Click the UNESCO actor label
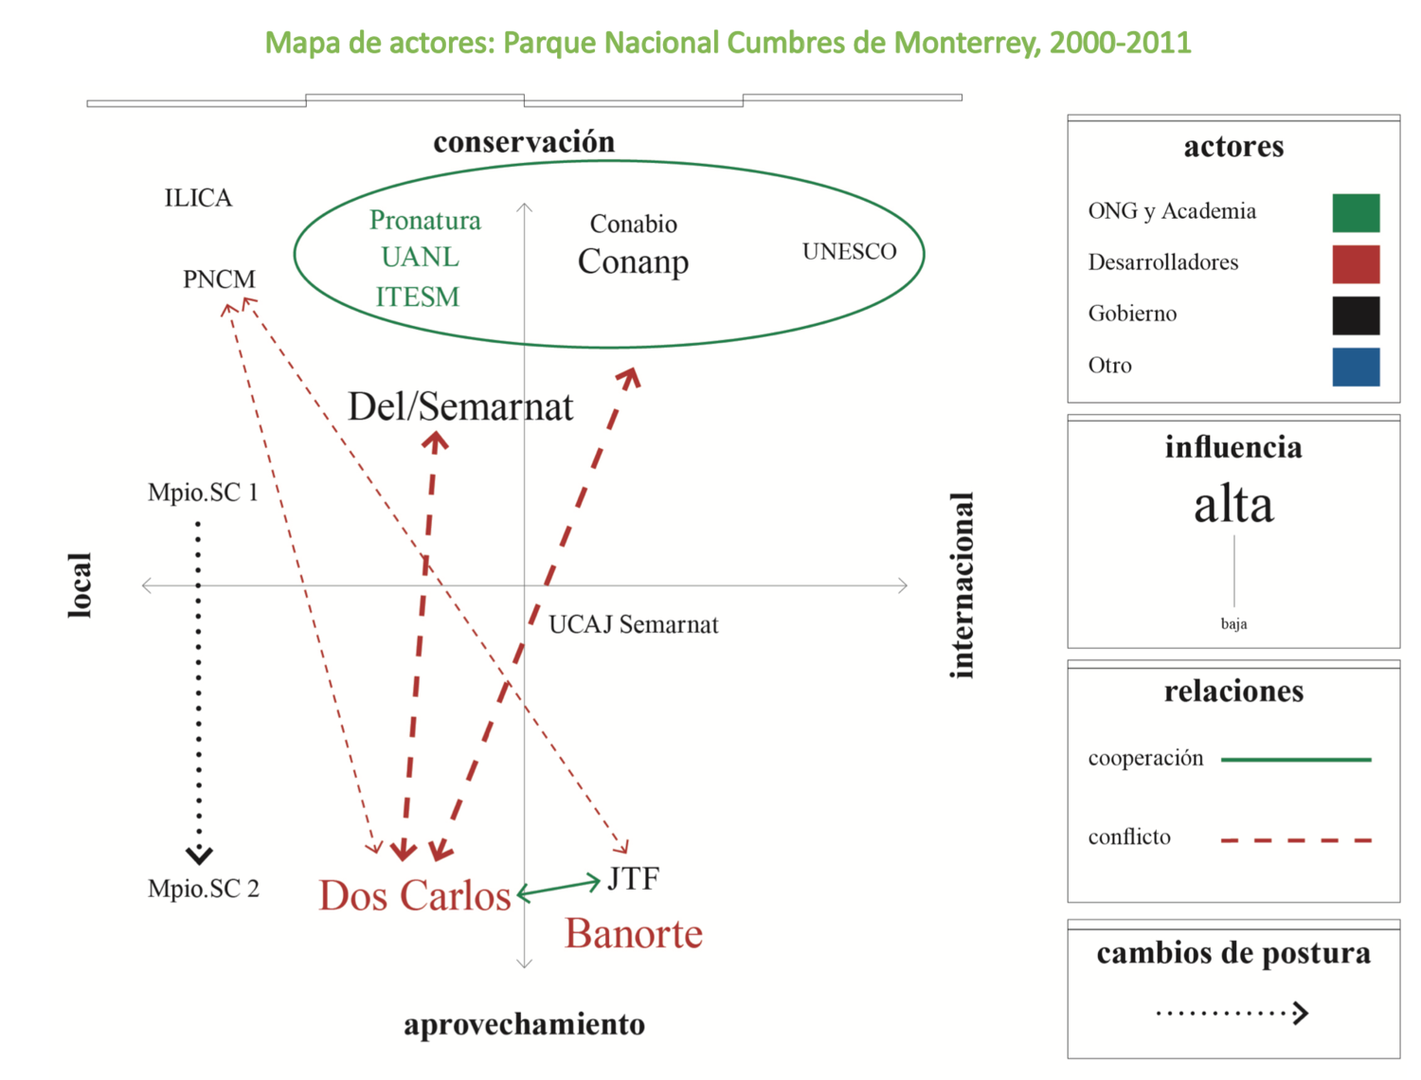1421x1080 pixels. point(849,251)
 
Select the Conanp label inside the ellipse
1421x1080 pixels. point(633,261)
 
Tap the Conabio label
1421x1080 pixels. point(633,224)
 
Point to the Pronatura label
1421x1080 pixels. point(424,220)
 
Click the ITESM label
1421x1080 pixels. point(417,297)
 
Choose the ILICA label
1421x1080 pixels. point(198,197)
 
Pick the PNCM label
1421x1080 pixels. point(219,279)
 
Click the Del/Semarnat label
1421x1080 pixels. point(460,406)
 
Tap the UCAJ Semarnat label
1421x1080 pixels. point(633,624)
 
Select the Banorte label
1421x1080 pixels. point(634,934)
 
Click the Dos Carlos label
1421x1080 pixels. point(414,895)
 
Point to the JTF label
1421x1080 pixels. point(633,879)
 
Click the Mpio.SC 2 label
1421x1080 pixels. point(203,889)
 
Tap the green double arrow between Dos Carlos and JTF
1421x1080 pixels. point(559,888)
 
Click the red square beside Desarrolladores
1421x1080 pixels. point(1356,264)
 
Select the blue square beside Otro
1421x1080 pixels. point(1356,367)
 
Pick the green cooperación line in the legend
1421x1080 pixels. point(1296,759)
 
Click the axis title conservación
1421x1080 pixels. point(524,142)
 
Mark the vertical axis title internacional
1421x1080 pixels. point(962,585)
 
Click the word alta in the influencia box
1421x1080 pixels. point(1233,504)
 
